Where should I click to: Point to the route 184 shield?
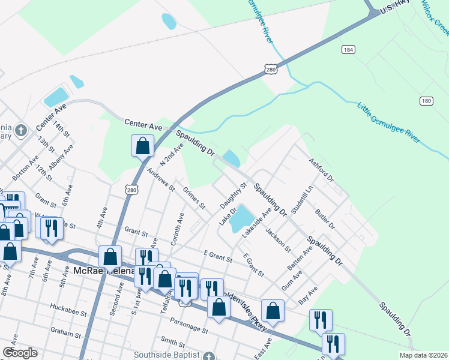(x=348, y=49)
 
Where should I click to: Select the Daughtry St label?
(x=234, y=196)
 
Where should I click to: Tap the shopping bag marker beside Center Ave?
(x=142, y=146)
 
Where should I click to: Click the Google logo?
(x=20, y=353)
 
